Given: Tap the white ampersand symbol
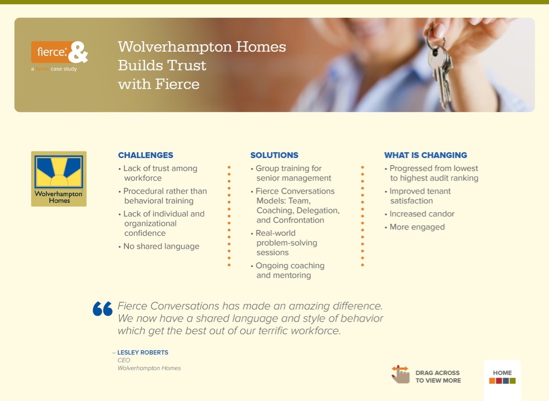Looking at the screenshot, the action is [x=78, y=52].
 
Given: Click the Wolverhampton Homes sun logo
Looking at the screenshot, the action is [x=59, y=179].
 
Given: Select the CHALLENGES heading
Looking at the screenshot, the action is [x=145, y=155].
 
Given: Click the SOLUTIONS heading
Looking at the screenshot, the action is [x=274, y=155].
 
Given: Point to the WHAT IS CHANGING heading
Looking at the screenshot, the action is [x=426, y=155].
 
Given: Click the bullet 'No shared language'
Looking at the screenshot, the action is [x=159, y=247].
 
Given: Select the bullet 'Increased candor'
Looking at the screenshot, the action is [x=420, y=214].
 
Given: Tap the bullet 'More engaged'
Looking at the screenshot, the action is [x=414, y=227].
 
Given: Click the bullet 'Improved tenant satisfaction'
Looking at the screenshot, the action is [x=418, y=196].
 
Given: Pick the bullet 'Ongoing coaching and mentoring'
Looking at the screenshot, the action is [x=288, y=271].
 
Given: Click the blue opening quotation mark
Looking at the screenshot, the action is [x=103, y=309].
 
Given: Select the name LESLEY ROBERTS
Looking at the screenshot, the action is [x=143, y=352].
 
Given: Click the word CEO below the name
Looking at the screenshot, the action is [x=123, y=360].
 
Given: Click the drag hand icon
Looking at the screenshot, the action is [x=400, y=374].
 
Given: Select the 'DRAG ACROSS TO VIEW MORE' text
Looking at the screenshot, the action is [x=438, y=376].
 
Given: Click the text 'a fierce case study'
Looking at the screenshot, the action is [x=54, y=69].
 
